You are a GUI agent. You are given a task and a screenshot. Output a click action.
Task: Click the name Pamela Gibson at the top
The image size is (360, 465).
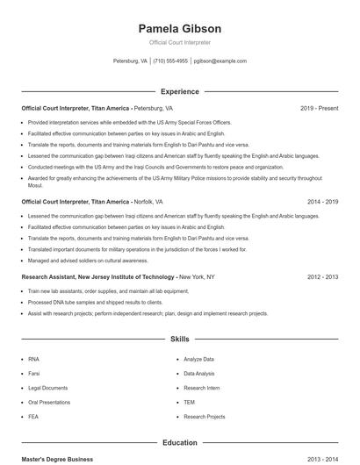(179, 28)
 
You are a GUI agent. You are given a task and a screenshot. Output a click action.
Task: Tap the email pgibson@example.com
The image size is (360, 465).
(220, 61)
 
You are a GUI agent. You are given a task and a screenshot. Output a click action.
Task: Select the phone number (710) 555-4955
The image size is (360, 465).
(170, 61)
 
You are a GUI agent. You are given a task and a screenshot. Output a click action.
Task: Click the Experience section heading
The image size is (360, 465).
(179, 91)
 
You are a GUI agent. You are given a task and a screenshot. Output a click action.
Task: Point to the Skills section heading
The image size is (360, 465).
(179, 339)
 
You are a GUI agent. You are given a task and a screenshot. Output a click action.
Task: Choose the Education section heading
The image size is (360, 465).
(179, 443)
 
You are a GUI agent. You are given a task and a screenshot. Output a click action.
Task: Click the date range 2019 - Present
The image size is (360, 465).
(319, 108)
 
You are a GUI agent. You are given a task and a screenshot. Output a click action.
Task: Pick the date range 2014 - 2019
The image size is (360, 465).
(322, 201)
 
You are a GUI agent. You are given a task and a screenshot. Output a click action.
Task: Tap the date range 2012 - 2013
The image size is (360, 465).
(322, 276)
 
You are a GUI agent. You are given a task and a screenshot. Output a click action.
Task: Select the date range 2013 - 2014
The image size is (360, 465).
(322, 459)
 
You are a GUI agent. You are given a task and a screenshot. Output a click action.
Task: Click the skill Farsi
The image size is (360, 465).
(33, 373)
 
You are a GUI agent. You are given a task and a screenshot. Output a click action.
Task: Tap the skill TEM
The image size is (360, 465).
(189, 402)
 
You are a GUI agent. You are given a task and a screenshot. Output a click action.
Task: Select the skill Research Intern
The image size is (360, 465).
(201, 388)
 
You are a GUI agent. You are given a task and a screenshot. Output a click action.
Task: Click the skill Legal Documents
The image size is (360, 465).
(47, 388)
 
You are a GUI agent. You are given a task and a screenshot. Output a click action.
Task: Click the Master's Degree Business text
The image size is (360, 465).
(57, 459)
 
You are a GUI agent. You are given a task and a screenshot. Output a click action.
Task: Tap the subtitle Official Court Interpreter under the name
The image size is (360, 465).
(179, 42)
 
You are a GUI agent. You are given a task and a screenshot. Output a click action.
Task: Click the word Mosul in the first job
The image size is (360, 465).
(35, 186)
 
